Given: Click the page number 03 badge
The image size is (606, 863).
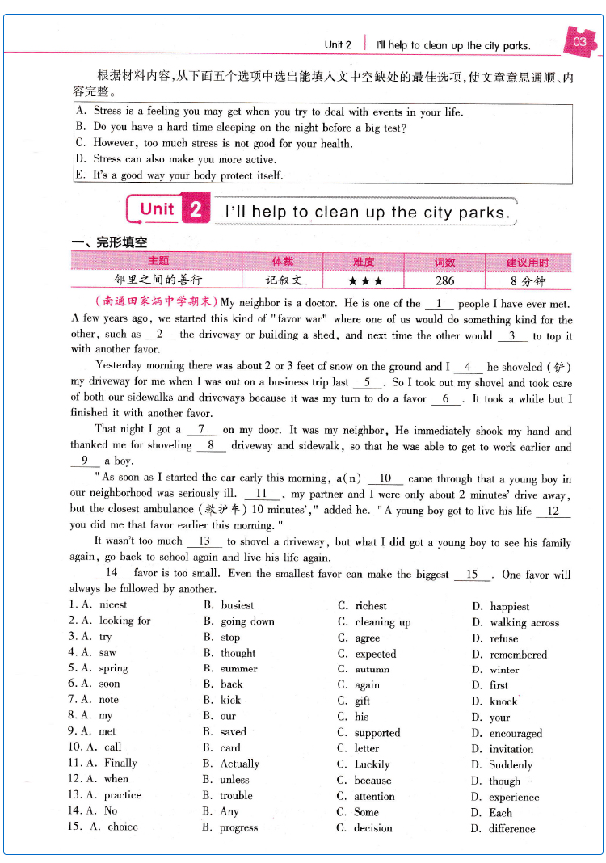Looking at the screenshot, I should (x=579, y=42).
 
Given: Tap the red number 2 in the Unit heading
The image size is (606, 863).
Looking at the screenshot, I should (x=196, y=210).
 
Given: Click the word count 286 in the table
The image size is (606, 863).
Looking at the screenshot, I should (x=444, y=281).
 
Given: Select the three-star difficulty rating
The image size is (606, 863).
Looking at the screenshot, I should (x=364, y=281).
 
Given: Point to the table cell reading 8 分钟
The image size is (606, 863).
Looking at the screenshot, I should (x=528, y=281).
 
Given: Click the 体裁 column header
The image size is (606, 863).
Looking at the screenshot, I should (x=283, y=262).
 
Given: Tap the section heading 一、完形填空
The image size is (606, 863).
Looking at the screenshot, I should (x=109, y=242).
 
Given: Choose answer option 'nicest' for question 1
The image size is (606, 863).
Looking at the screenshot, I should (x=113, y=604).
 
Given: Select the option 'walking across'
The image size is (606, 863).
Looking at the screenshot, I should (x=524, y=622).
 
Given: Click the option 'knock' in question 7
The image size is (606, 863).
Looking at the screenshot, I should (x=503, y=701).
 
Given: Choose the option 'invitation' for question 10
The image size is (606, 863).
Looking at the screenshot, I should (x=511, y=749).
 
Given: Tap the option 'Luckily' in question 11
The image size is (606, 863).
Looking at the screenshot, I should (x=372, y=764).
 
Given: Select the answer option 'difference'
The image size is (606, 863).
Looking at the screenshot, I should (x=511, y=828).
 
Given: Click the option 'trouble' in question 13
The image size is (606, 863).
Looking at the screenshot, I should (x=236, y=796).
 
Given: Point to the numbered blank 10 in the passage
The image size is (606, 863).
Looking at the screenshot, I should (x=385, y=479).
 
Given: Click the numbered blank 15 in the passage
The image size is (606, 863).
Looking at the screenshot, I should (x=473, y=575).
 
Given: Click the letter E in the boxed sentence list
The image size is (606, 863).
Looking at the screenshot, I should (x=80, y=175).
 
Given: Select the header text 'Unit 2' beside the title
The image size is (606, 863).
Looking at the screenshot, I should (x=338, y=45).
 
